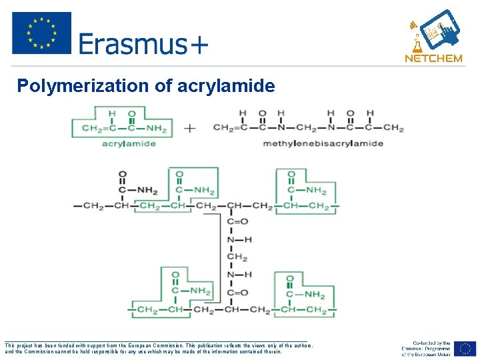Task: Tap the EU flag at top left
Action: (x=41, y=33)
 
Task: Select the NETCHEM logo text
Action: (x=433, y=58)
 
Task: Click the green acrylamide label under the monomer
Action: (x=129, y=143)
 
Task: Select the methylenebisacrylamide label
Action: (x=323, y=143)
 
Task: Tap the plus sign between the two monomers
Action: (x=190, y=128)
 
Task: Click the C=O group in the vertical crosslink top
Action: (x=238, y=221)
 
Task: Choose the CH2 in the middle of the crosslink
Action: (x=237, y=257)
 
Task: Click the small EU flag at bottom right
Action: (x=466, y=349)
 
